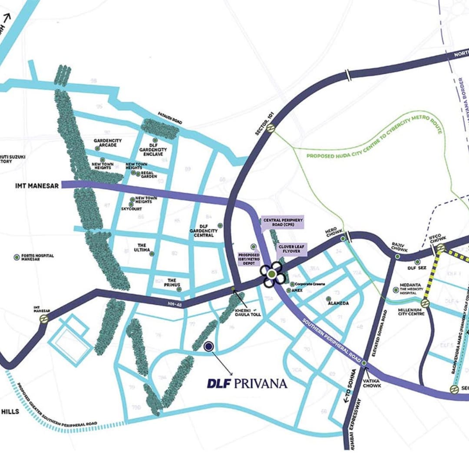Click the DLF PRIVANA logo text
point(247,383)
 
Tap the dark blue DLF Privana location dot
point(208,346)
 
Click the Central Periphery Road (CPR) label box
point(283,223)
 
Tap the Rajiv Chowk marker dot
point(397,257)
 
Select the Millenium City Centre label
point(411,311)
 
